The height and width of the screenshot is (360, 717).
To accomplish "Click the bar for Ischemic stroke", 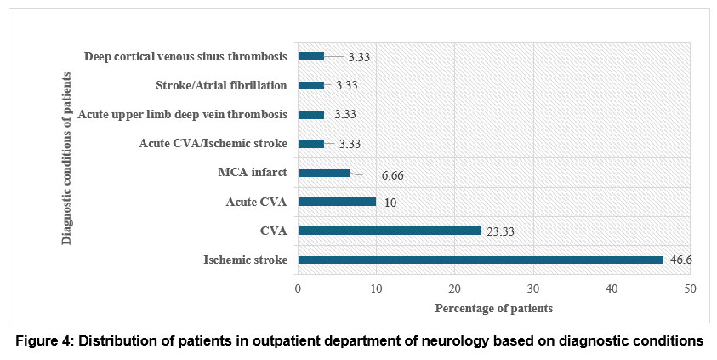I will pyautogui.click(x=480, y=260).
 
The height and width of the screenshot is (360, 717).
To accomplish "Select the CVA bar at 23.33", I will pyautogui.click(x=389, y=231).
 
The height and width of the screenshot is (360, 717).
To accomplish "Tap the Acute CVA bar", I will pyautogui.click(x=337, y=202).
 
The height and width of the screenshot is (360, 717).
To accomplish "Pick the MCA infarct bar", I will pyautogui.click(x=324, y=173).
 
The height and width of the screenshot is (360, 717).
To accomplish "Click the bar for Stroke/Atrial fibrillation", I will pyautogui.click(x=310, y=85).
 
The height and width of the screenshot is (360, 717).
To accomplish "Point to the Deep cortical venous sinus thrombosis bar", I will pyautogui.click(x=310, y=56).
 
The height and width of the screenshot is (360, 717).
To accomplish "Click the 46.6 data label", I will pyautogui.click(x=680, y=260).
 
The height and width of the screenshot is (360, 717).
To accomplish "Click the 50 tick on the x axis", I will pyautogui.click(x=690, y=289).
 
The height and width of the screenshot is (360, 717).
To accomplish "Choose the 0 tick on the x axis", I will pyautogui.click(x=298, y=289).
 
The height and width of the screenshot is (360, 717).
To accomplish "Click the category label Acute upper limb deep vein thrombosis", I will pyautogui.click(x=183, y=114).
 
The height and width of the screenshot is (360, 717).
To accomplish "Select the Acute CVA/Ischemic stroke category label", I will pyautogui.click(x=213, y=144).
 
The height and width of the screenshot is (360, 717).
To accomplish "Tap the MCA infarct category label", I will pyautogui.click(x=252, y=173).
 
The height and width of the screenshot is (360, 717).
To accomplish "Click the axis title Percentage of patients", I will pyautogui.click(x=494, y=308).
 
